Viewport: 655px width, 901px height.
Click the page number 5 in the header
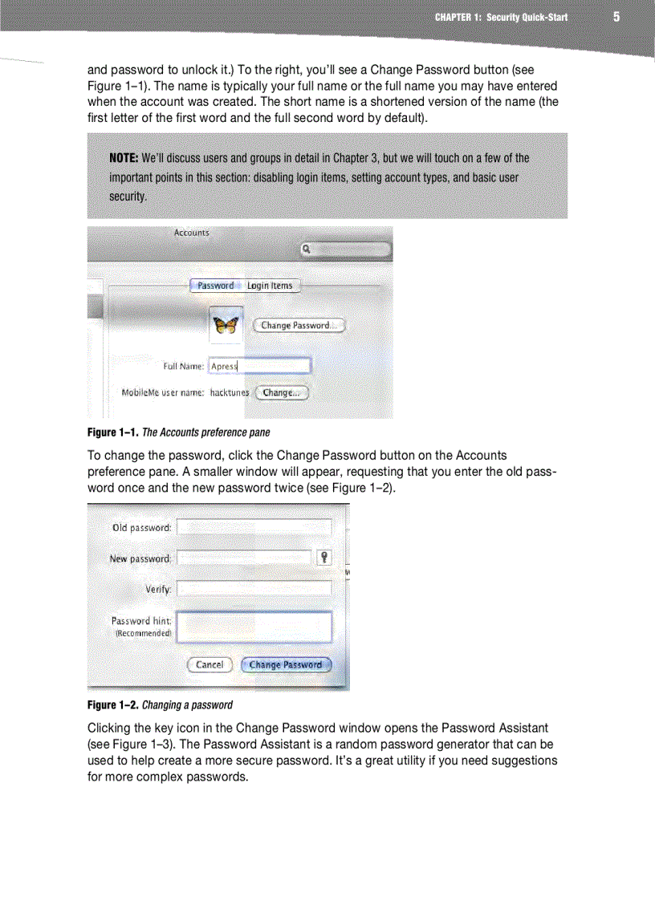coord(616,17)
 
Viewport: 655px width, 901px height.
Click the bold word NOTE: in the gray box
coord(124,158)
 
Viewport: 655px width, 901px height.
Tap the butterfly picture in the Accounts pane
coord(226,325)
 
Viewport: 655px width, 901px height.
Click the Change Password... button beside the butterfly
coord(299,326)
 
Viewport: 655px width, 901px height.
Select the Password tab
coord(215,286)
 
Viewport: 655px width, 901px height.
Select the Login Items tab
coord(270,286)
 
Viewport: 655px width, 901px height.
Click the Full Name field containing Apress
coord(259,366)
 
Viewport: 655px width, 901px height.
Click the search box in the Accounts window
coord(347,250)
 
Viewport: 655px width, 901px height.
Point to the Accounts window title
coord(192,233)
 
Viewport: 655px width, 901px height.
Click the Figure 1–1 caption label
coord(113,432)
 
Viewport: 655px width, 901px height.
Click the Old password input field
coord(254,527)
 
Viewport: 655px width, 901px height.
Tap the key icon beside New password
coord(323,558)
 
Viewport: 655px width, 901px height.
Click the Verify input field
coord(254,588)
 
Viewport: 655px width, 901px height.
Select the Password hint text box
coord(254,627)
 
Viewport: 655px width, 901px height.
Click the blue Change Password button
coord(286,665)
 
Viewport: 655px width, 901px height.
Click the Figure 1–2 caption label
coord(113,705)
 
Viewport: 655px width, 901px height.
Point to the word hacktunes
coord(230,393)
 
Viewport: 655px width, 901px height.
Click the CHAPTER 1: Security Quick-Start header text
coord(501,17)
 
